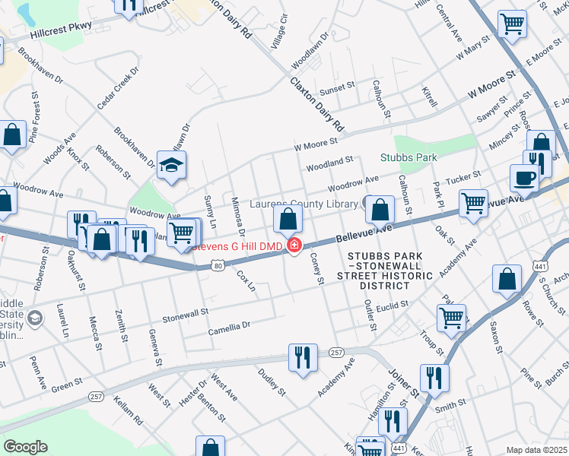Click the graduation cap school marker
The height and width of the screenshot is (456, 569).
coord(172,165)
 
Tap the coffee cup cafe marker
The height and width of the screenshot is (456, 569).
coord(523,179)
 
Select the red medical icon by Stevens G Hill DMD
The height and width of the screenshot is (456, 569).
coord(292,245)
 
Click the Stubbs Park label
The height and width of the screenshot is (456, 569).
coord(409,158)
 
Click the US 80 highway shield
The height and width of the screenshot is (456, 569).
coord(219,265)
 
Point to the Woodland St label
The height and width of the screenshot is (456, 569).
coord(329,161)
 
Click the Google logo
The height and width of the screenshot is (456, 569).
coord(25,447)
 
